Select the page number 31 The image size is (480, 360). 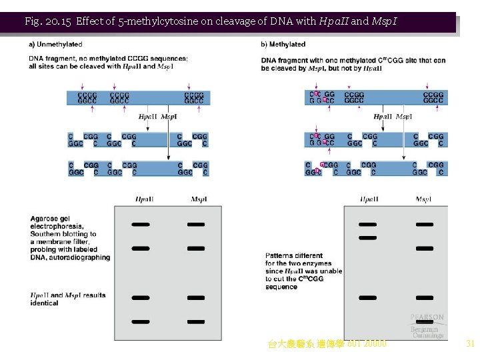coord(470,344)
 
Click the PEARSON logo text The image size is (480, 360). coord(427,318)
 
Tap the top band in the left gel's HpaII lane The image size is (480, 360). coord(141,225)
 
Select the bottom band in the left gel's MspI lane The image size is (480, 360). coord(196,321)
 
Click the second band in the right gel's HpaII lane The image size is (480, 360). coord(367,238)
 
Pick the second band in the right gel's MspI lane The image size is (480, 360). coord(424,248)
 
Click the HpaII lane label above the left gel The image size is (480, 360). coord(144,199)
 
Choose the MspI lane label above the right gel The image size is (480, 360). coord(423,199)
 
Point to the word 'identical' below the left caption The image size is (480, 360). coord(44,303)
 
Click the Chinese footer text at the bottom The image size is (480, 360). coord(327,344)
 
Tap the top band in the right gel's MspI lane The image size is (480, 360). coord(424,225)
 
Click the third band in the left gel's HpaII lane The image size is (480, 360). coord(141,297)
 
